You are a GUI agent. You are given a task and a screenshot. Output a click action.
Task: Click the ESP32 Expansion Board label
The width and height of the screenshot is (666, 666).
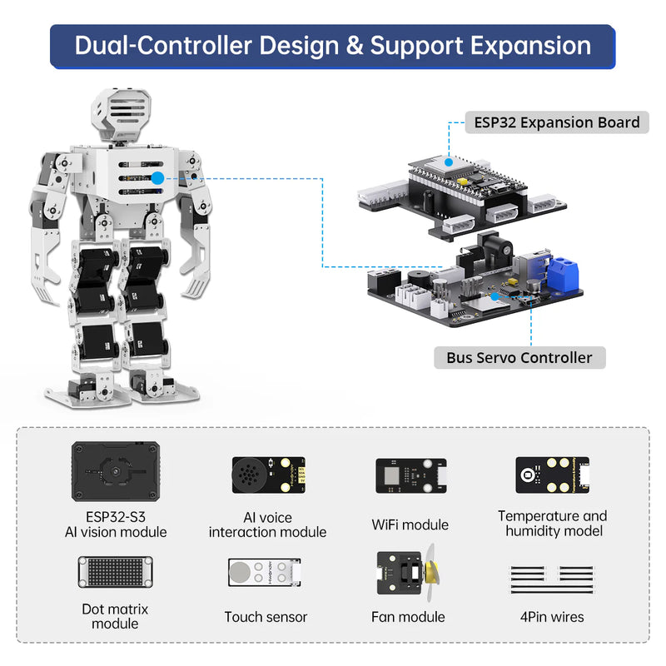pyautogui.click(x=557, y=122)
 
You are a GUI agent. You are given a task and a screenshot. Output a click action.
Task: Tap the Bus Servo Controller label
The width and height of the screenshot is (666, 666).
pyautogui.click(x=519, y=358)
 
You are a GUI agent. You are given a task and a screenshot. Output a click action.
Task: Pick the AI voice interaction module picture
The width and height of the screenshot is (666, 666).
pyautogui.click(x=266, y=478)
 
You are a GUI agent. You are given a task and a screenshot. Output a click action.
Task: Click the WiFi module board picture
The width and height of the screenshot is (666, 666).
pyautogui.click(x=410, y=478)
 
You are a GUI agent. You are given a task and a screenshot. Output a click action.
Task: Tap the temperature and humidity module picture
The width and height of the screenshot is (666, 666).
pyautogui.click(x=552, y=476)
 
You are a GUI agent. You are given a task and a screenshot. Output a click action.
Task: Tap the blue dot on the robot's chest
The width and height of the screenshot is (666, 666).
pyautogui.click(x=157, y=177)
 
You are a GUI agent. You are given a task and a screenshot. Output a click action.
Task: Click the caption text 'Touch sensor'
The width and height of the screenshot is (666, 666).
pyautogui.click(x=266, y=617)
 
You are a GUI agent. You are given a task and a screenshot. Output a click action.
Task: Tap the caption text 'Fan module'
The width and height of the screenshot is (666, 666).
pyautogui.click(x=408, y=617)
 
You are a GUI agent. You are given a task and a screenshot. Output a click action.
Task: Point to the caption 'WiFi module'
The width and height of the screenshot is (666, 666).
pyautogui.click(x=410, y=525)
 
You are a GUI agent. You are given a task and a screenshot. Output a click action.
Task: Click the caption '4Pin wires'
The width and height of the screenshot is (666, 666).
pyautogui.click(x=552, y=617)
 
